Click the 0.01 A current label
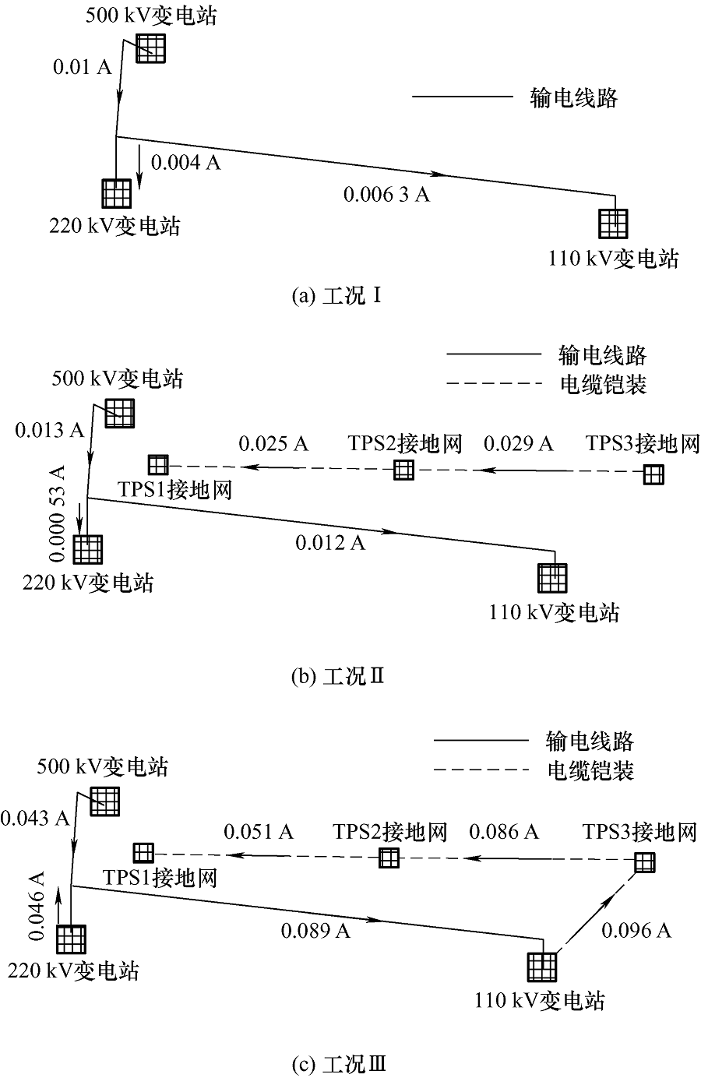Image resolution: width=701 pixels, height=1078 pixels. click(83, 67)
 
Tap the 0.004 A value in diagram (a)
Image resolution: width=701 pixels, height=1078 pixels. click(185, 163)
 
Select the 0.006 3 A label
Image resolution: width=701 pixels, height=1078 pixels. click(386, 195)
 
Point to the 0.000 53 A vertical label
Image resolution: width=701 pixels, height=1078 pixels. click(57, 513)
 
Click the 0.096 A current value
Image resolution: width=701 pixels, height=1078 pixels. click(636, 930)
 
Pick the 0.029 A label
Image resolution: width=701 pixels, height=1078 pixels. click(518, 444)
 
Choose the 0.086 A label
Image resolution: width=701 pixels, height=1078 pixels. click(504, 832)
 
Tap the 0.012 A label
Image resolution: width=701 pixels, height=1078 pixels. click(330, 543)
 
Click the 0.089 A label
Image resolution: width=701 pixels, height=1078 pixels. click(315, 931)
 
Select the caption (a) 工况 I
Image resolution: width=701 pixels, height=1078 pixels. click(336, 295)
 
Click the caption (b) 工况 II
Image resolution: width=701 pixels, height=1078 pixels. click(338, 677)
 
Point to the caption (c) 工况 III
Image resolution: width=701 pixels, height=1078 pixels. click(339, 1065)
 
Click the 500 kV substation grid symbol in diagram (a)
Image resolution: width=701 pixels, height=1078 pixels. click(150, 48)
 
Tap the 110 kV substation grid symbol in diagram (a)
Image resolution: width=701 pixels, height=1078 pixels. click(614, 224)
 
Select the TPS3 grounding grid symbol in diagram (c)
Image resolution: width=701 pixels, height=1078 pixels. click(645, 863)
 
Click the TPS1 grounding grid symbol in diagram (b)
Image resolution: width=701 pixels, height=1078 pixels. click(158, 465)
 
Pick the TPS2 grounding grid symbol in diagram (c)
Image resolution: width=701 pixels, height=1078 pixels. click(389, 858)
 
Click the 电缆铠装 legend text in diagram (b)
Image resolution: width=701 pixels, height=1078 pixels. click(604, 385)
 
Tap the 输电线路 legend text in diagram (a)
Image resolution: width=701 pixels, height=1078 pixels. click(574, 98)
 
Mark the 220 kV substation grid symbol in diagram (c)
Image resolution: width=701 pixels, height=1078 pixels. click(71, 939)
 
